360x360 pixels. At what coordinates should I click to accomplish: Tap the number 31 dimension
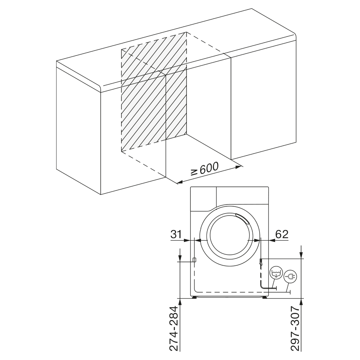pyautogui.click(x=176, y=234)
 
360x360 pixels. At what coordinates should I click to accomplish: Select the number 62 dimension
pyautogui.click(x=282, y=234)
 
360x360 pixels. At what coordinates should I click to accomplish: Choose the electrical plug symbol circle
pyautogui.click(x=291, y=276)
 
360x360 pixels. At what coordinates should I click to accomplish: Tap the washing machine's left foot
pyautogui.click(x=194, y=297)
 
